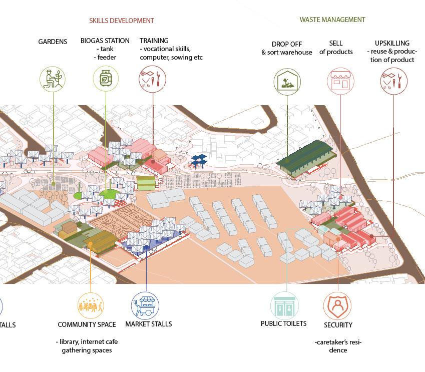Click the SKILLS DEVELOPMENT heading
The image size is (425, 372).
click(x=122, y=21)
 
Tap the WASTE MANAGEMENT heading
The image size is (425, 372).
click(x=332, y=20)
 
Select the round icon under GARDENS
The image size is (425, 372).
click(x=53, y=79)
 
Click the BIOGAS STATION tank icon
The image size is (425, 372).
click(x=106, y=79)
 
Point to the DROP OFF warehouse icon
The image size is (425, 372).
click(x=287, y=81)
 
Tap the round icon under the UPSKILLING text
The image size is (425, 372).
click(x=393, y=81)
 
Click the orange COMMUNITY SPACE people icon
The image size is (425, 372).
click(x=91, y=305)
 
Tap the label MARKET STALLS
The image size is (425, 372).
click(x=149, y=324)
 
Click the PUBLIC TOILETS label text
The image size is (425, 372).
click(x=283, y=323)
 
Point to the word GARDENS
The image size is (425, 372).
click(x=53, y=42)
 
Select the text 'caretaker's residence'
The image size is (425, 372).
click(x=338, y=346)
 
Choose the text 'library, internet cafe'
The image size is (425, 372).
click(x=87, y=341)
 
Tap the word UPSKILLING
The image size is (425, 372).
click(x=392, y=43)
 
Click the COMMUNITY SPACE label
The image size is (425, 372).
click(x=87, y=324)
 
